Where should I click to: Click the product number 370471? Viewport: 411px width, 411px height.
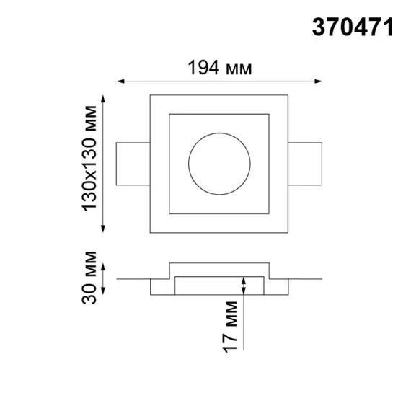tap(353, 27)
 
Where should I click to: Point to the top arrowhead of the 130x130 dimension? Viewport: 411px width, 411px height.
tap(105, 97)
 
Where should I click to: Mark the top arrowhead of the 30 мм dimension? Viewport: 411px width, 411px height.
tap(105, 268)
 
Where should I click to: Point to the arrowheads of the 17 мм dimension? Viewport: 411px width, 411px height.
tap(244, 284)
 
